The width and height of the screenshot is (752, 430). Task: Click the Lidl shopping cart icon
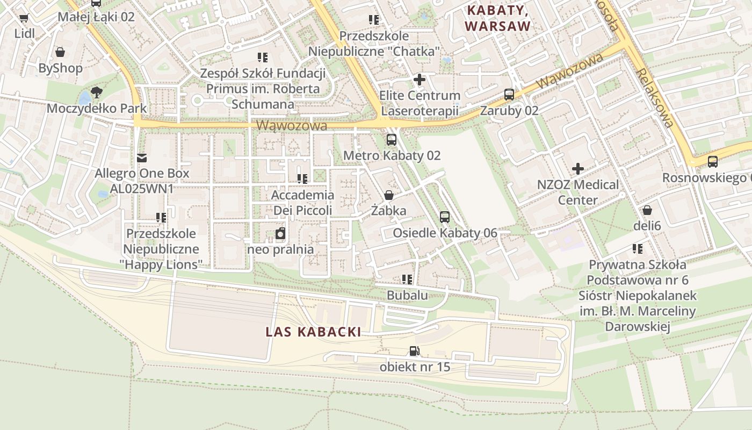pos(24,18)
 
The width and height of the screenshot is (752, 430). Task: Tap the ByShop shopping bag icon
pos(60,52)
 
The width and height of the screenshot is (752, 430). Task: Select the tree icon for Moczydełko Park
pos(97,92)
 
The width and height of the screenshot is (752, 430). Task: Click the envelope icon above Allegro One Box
pos(142,157)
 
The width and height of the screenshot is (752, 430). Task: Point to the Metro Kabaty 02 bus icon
pos(392,140)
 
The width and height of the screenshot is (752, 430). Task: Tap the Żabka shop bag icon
pos(388,195)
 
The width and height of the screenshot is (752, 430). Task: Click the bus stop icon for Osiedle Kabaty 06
pos(445,217)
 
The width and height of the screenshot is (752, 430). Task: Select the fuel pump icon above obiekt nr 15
pos(414,352)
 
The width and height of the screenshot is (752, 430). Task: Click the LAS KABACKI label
pos(313,332)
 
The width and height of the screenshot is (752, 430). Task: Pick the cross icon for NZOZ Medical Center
pos(578,169)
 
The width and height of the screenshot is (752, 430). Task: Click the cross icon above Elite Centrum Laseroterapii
pos(420,80)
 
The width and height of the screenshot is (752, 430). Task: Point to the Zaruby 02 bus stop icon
pos(509,95)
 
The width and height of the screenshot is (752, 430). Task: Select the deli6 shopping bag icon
pos(647,210)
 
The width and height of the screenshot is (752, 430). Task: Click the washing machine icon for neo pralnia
pos(280,233)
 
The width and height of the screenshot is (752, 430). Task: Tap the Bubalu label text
pos(407,295)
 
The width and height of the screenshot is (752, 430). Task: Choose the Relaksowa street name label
pos(655,97)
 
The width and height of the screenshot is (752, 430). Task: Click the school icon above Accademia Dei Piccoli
pos(302,178)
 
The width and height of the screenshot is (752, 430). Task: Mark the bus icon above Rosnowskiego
pos(713,161)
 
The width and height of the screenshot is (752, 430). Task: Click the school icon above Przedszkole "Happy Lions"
pos(161,218)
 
